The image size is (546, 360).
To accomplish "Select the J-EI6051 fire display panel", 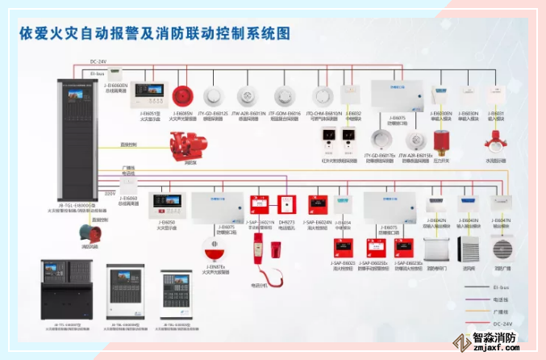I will point(148,94).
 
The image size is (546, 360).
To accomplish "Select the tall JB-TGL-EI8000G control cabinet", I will point(78,129).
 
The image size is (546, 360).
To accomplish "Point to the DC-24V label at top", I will point(99,61).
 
